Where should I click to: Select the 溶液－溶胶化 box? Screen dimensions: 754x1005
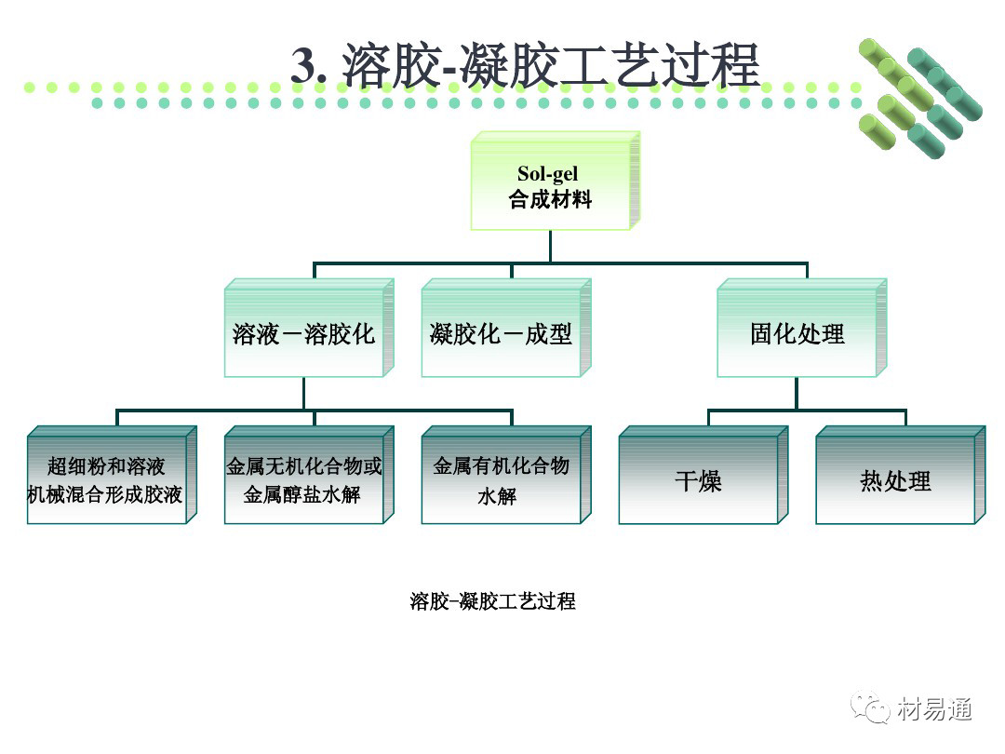[303, 334]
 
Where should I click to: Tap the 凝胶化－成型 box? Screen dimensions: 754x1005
[501, 334]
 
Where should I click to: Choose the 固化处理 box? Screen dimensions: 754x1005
[797, 334]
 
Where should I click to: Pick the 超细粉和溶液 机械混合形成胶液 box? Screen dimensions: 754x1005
[106, 480]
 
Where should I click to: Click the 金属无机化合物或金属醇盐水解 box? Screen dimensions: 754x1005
[303, 480]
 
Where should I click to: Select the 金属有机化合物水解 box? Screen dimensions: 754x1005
[501, 480]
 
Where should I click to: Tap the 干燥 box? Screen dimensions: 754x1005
[698, 481]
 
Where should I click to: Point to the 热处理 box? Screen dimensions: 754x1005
[895, 481]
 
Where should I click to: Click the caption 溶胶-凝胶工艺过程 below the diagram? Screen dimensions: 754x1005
[492, 601]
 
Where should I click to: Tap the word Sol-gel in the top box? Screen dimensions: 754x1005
[548, 174]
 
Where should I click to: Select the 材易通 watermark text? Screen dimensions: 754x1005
[935, 709]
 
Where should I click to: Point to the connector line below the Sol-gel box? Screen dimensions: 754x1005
[550, 246]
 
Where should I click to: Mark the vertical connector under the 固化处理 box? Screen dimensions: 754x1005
[797, 393]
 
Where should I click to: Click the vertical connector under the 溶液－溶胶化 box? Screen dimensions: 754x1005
[303, 393]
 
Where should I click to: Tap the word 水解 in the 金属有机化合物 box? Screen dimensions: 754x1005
[497, 496]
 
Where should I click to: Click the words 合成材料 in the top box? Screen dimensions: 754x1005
[550, 199]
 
